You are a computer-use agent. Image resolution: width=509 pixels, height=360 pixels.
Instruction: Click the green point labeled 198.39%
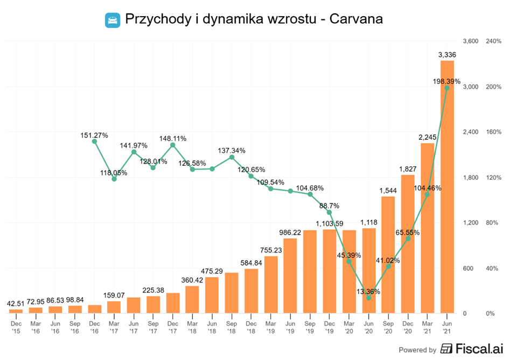(x=447, y=88)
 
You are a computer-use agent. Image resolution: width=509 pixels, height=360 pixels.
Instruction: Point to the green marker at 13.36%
(x=368, y=298)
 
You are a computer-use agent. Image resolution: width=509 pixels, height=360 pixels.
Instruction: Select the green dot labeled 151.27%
(x=94, y=142)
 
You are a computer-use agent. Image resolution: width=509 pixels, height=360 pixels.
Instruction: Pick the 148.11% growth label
(x=173, y=138)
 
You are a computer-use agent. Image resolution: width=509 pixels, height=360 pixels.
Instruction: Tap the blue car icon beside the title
(x=112, y=20)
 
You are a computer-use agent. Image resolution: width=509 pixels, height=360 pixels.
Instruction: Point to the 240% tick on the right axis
(x=493, y=41)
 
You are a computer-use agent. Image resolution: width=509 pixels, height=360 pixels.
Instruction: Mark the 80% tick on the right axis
(x=492, y=223)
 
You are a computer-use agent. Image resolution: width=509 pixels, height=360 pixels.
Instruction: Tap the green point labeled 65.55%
(x=408, y=238)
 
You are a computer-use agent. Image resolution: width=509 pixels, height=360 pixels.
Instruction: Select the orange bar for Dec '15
(x=16, y=311)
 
